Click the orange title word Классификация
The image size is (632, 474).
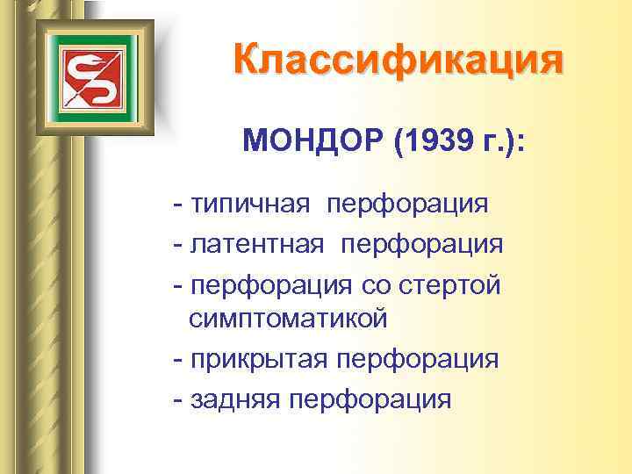398,61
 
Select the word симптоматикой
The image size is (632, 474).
288,319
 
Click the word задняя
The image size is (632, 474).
236,399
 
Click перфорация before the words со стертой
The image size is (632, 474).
270,284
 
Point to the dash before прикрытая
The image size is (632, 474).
179,361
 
